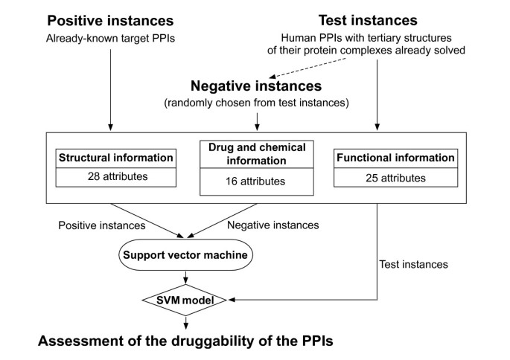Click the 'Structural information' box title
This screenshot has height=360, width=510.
[115, 158]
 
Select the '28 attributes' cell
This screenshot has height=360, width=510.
[115, 178]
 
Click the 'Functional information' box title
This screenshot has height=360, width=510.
[395, 158]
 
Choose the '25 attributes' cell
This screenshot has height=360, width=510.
[395, 178]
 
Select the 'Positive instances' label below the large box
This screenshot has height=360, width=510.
[102, 225]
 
